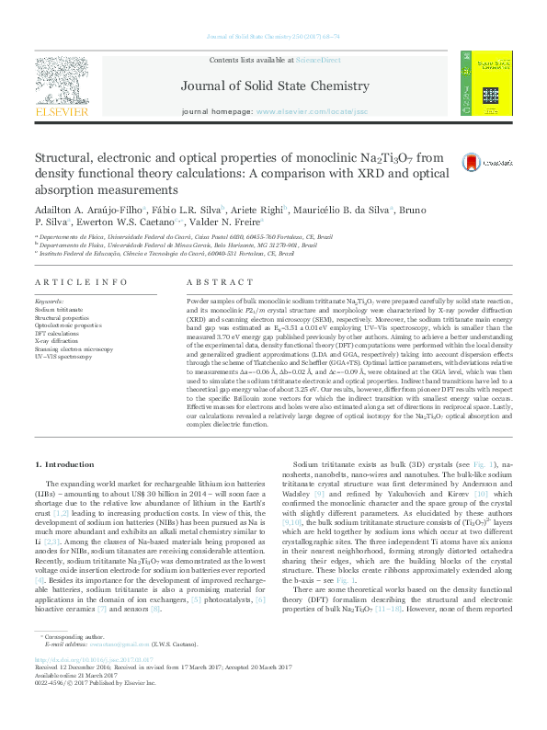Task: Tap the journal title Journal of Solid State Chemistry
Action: pyautogui.click(x=273, y=88)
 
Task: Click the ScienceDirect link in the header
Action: pyautogui.click(x=317, y=60)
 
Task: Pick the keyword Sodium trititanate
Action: pyautogui.click(x=57, y=310)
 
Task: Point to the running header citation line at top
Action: pyautogui.click(x=273, y=36)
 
